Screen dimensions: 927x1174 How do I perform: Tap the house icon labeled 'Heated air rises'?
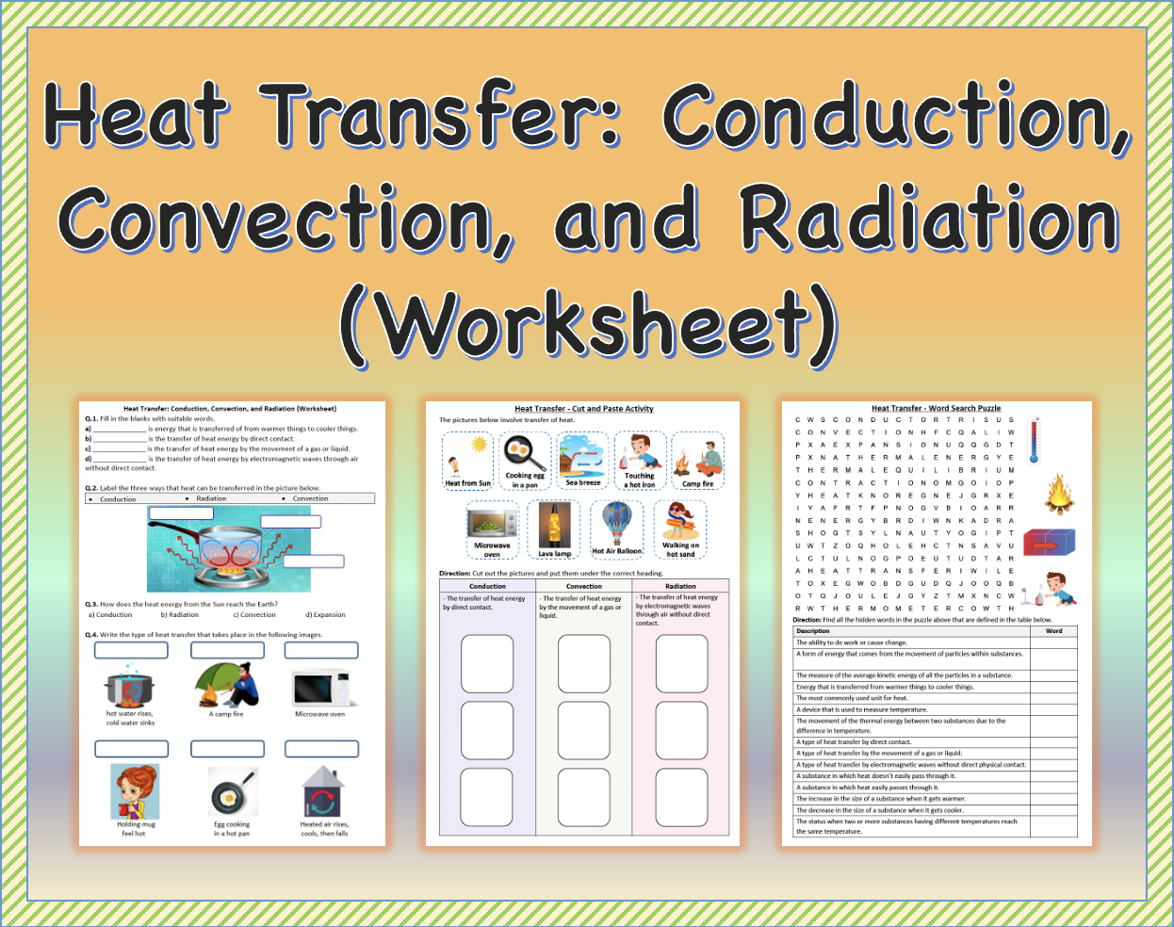tap(322, 792)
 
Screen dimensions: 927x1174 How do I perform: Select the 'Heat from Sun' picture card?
tap(467, 461)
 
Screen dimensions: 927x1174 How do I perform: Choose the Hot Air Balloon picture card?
tap(616, 528)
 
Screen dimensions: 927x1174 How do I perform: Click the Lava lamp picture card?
tap(554, 529)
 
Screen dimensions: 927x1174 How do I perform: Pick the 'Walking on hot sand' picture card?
tap(680, 529)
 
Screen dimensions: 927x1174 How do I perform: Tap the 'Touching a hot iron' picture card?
tap(640, 461)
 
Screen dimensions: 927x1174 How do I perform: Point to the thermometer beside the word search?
tap(1034, 440)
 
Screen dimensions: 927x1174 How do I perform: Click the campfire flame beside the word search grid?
tap(1059, 493)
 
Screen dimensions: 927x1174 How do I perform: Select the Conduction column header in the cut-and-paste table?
tap(487, 586)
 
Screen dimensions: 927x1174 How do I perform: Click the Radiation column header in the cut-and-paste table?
tap(680, 586)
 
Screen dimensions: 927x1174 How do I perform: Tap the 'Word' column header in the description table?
tap(1053, 631)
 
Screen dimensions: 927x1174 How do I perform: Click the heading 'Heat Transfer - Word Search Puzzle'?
tap(936, 409)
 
